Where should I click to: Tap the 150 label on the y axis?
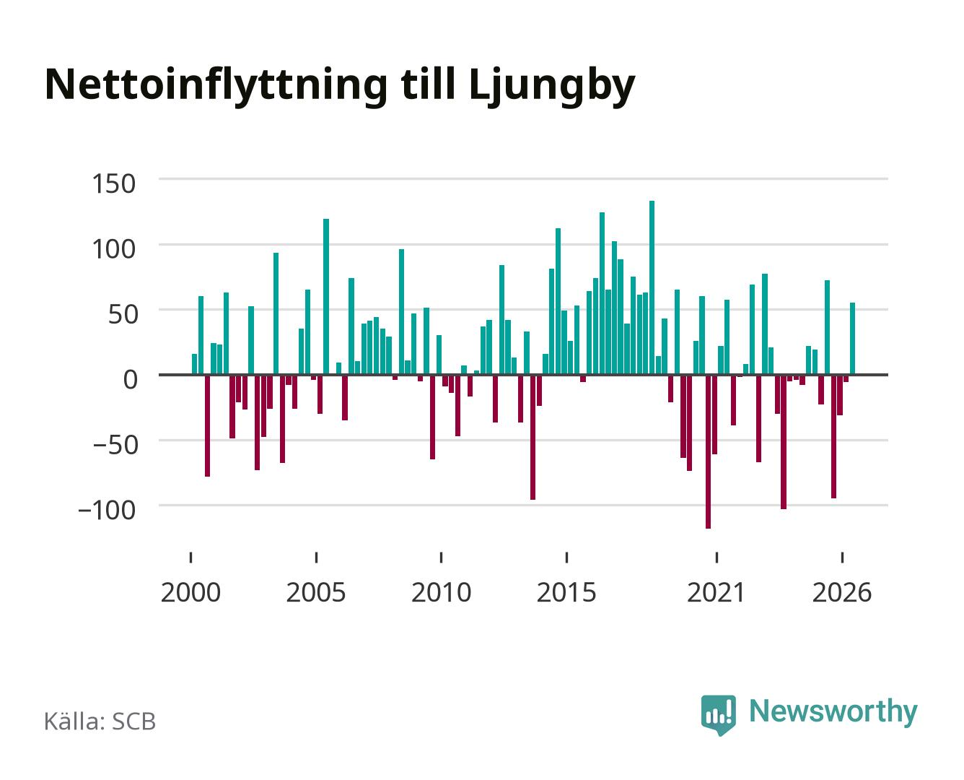tap(113, 183)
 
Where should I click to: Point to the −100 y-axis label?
tap(107, 510)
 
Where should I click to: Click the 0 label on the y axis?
tap(131, 379)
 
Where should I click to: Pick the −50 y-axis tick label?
tap(115, 445)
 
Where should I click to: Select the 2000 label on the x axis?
tap(190, 592)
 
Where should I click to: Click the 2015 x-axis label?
tap(566, 592)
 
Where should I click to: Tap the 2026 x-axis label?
tap(842, 592)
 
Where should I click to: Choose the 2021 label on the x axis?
tap(716, 592)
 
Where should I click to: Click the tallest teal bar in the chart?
tap(652, 287)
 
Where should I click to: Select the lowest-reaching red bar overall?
tap(708, 451)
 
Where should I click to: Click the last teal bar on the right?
tap(852, 339)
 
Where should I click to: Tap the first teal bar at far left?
tap(195, 364)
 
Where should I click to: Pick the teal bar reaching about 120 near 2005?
tap(326, 297)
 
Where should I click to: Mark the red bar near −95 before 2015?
tap(533, 437)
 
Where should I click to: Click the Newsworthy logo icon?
tap(718, 715)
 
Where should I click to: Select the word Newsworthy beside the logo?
tap(833, 711)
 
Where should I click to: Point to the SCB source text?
tap(134, 721)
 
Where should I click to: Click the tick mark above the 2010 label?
tap(442, 557)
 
